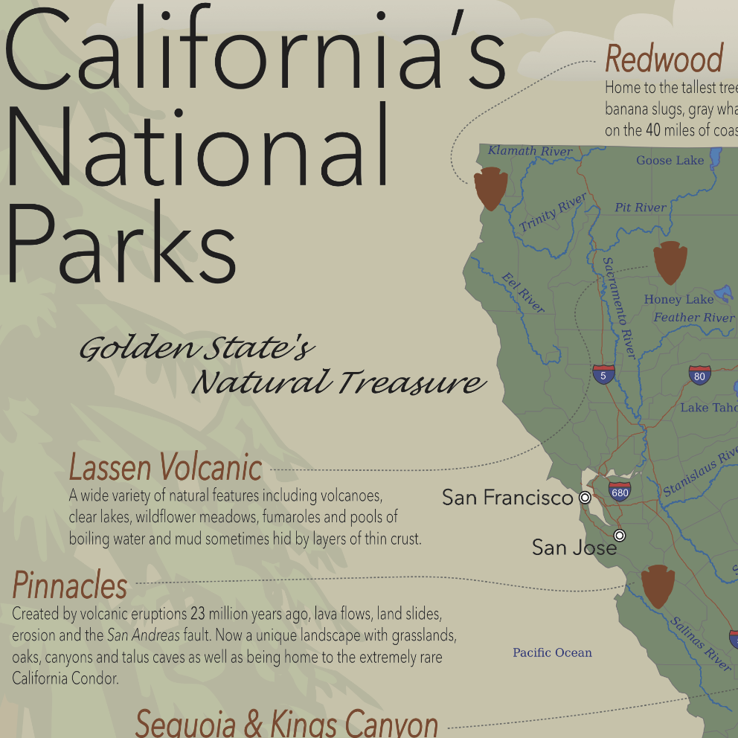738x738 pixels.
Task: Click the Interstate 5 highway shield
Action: click(603, 373)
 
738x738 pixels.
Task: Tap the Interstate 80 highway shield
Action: click(699, 375)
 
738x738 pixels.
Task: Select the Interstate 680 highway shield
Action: click(619, 491)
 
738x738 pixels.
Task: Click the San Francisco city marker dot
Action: click(585, 497)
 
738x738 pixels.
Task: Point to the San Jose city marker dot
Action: click(620, 536)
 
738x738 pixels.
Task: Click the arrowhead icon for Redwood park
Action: click(490, 188)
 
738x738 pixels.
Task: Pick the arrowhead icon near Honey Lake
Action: click(670, 262)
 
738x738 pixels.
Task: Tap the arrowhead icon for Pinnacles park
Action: click(658, 585)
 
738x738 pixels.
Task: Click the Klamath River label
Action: click(530, 151)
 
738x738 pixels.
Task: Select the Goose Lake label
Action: click(670, 160)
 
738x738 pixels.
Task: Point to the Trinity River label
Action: click(553, 212)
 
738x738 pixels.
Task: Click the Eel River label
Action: click(523, 292)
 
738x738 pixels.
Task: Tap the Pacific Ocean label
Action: click(552, 652)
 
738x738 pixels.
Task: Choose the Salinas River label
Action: click(700, 644)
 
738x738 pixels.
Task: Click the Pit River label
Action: click(641, 208)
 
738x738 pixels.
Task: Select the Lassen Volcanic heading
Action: click(165, 468)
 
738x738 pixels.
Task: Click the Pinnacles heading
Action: click(70, 585)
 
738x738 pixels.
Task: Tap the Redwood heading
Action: click(664, 58)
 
